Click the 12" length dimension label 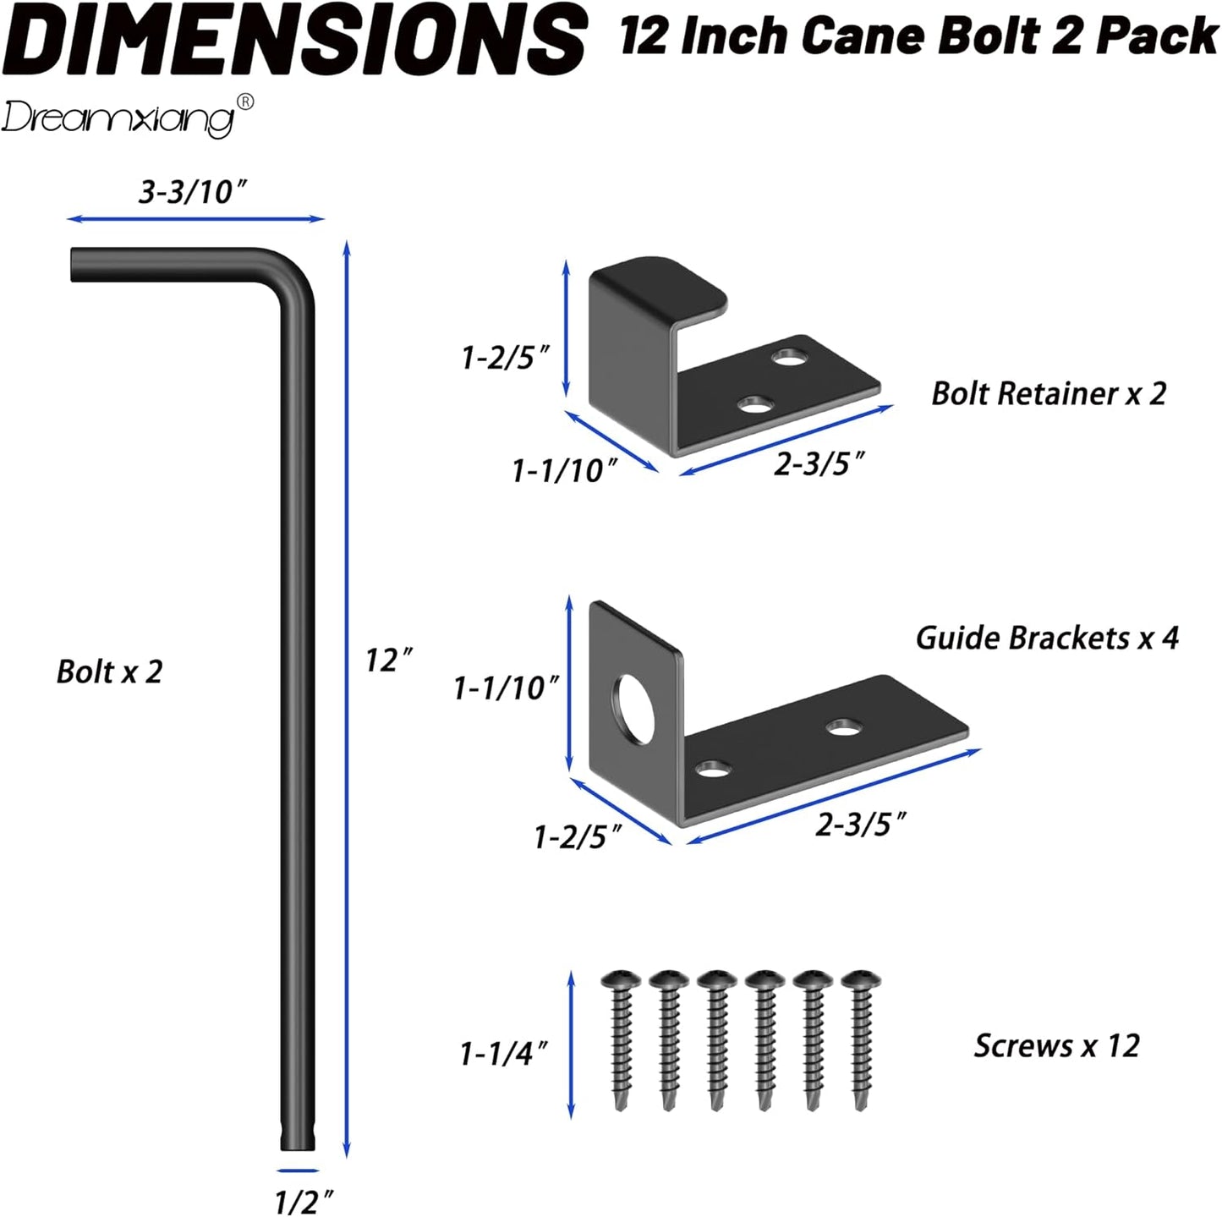388,660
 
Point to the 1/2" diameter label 304,1200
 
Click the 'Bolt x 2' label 109,672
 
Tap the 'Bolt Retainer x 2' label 1049,393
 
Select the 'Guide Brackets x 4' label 1047,638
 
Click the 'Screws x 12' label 1056,1046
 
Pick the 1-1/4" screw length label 503,1054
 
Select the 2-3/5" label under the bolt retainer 819,463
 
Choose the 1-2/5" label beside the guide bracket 578,837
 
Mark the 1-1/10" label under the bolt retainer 565,470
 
